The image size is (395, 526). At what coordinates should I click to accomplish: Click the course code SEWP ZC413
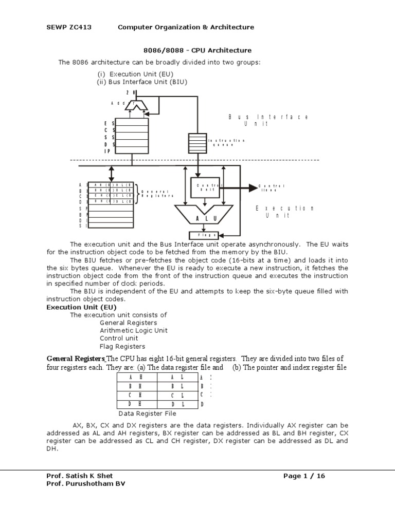point(69,27)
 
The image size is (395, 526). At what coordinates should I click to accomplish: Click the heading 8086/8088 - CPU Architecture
point(197,50)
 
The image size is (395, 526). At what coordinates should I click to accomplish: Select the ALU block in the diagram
point(203,218)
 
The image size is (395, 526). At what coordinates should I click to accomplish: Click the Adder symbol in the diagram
point(136,105)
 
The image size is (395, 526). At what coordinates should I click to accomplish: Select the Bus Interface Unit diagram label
point(268,121)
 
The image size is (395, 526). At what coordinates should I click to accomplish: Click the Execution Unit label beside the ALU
point(284,212)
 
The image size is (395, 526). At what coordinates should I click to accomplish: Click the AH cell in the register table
point(137,377)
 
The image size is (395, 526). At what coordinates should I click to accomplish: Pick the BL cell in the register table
point(177,386)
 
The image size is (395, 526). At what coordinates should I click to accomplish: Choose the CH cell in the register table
point(137,394)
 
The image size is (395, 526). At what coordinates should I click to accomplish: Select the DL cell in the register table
point(177,404)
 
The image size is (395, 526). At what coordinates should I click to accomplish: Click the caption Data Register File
point(148,413)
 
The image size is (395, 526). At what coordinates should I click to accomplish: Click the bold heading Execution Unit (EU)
point(78,307)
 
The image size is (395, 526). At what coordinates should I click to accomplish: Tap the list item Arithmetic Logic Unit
point(134,331)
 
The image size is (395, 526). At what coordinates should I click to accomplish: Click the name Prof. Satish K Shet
point(80,476)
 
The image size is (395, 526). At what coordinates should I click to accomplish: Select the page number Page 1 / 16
point(304,476)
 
